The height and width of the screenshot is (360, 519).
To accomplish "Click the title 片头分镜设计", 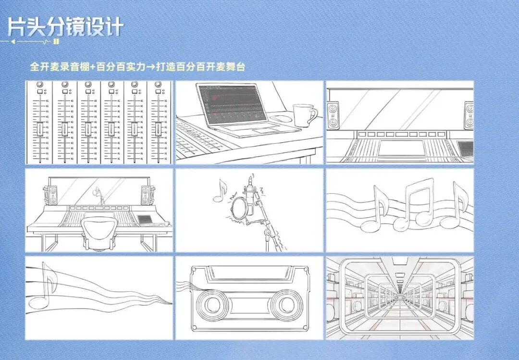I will pyautogui.click(x=65, y=27).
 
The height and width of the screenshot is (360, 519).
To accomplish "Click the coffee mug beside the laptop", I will pyautogui.click(x=304, y=115).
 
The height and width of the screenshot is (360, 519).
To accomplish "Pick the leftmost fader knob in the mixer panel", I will pyautogui.click(x=40, y=129).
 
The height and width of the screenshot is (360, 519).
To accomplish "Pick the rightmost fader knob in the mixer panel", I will pyautogui.click(x=157, y=129).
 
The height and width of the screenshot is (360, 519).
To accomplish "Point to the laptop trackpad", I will pyautogui.click(x=263, y=131).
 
